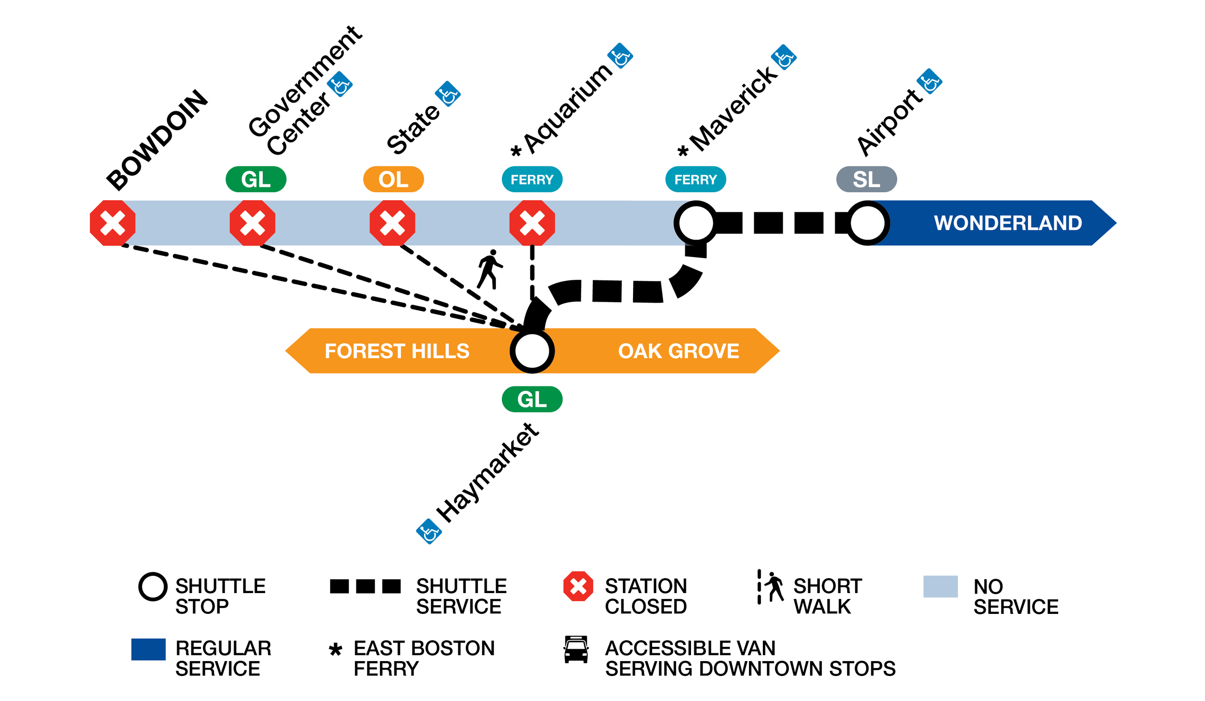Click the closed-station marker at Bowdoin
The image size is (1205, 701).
click(113, 223)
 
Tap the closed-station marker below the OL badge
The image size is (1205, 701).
click(393, 223)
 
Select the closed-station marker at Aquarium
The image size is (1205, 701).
click(532, 223)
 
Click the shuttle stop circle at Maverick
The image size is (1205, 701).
click(696, 223)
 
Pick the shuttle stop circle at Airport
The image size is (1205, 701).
click(868, 223)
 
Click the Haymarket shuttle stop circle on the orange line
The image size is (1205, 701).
click(532, 352)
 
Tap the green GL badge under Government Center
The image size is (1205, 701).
click(256, 180)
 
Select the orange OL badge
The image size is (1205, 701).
click(393, 180)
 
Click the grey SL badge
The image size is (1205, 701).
click(867, 180)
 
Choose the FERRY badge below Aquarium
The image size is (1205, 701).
click(532, 180)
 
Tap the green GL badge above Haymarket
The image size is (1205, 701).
click(532, 399)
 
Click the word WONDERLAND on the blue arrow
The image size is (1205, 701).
click(1008, 223)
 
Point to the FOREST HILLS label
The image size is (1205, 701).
click(397, 352)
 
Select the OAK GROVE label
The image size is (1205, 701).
click(679, 352)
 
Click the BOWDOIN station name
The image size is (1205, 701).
click(157, 139)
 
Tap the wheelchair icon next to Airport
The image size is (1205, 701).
click(929, 82)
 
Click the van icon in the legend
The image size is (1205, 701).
click(576, 650)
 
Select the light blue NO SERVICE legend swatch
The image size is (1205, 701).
click(940, 587)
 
